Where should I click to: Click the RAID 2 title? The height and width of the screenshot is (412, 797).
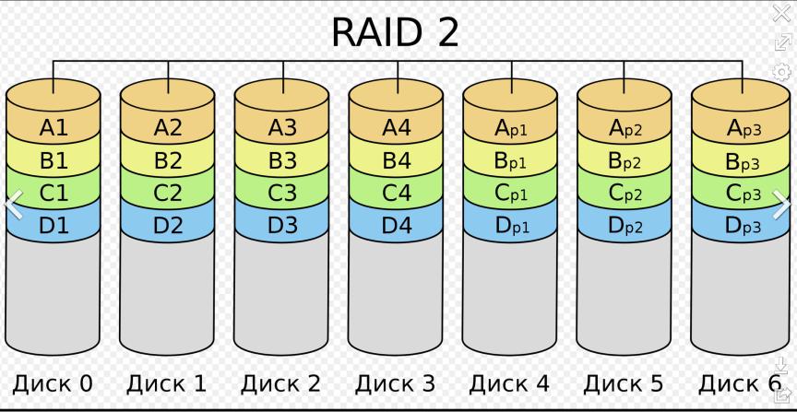[395, 32]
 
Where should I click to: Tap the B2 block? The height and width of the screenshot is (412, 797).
[168, 160]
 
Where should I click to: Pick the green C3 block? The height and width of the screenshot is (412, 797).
[282, 193]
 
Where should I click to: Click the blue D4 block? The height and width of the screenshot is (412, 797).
[397, 225]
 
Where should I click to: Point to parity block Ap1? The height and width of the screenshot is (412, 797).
[511, 128]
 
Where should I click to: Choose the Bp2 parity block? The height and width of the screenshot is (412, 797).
[625, 161]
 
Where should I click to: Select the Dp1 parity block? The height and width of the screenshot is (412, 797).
[511, 226]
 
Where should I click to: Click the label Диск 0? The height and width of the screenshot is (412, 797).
[53, 383]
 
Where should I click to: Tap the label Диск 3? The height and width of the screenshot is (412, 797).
[395, 383]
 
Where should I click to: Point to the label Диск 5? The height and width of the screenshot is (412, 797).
[624, 383]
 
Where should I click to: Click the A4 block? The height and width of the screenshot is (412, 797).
[397, 127]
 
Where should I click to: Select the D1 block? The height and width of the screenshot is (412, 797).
[54, 225]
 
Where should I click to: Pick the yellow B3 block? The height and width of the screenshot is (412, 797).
[282, 160]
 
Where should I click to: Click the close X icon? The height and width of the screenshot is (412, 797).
[781, 13]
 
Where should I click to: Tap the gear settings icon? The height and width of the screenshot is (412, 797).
[781, 72]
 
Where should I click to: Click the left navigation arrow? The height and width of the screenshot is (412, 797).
[14, 205]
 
